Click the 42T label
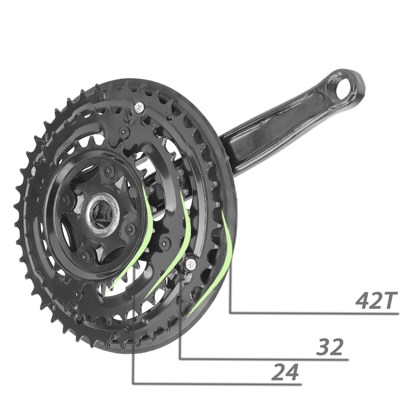coord(376,300)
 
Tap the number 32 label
coord(329,347)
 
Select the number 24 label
coord(285,372)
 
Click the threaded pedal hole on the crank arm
coord(344,89)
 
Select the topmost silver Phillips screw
coord(139,108)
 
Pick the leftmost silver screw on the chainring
coord(33,172)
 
